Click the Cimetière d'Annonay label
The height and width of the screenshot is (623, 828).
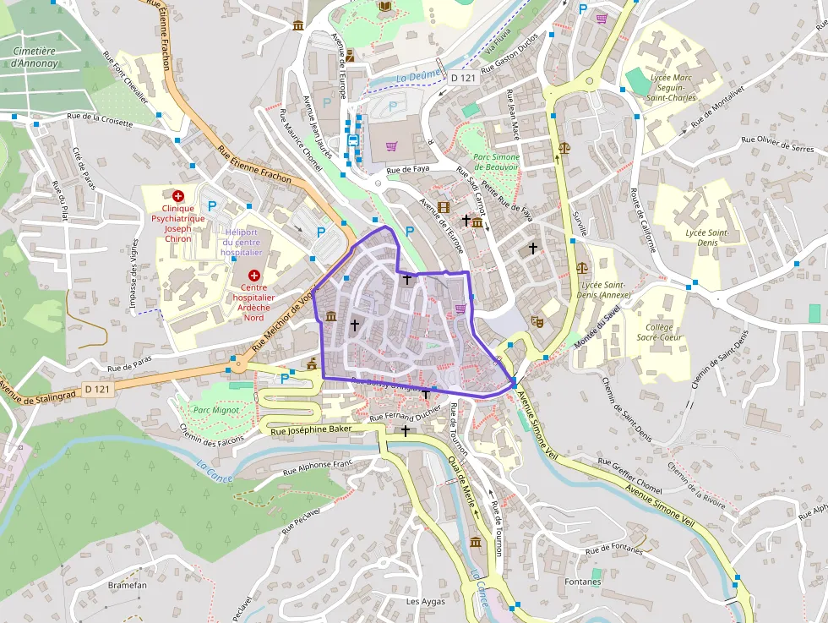point(34,57)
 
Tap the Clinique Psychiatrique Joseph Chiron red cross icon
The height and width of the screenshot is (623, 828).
point(178,195)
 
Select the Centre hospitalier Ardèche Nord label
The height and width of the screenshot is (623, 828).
point(254,302)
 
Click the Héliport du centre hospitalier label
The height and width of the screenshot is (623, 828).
point(242,242)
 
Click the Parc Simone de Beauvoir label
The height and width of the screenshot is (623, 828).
point(495,162)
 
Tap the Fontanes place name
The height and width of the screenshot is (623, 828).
point(583,582)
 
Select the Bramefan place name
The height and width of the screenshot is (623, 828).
point(128,585)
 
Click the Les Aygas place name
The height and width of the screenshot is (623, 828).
point(425,602)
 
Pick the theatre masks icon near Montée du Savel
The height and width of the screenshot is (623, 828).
point(536,320)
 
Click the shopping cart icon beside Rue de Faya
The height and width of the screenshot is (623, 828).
point(391,146)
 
